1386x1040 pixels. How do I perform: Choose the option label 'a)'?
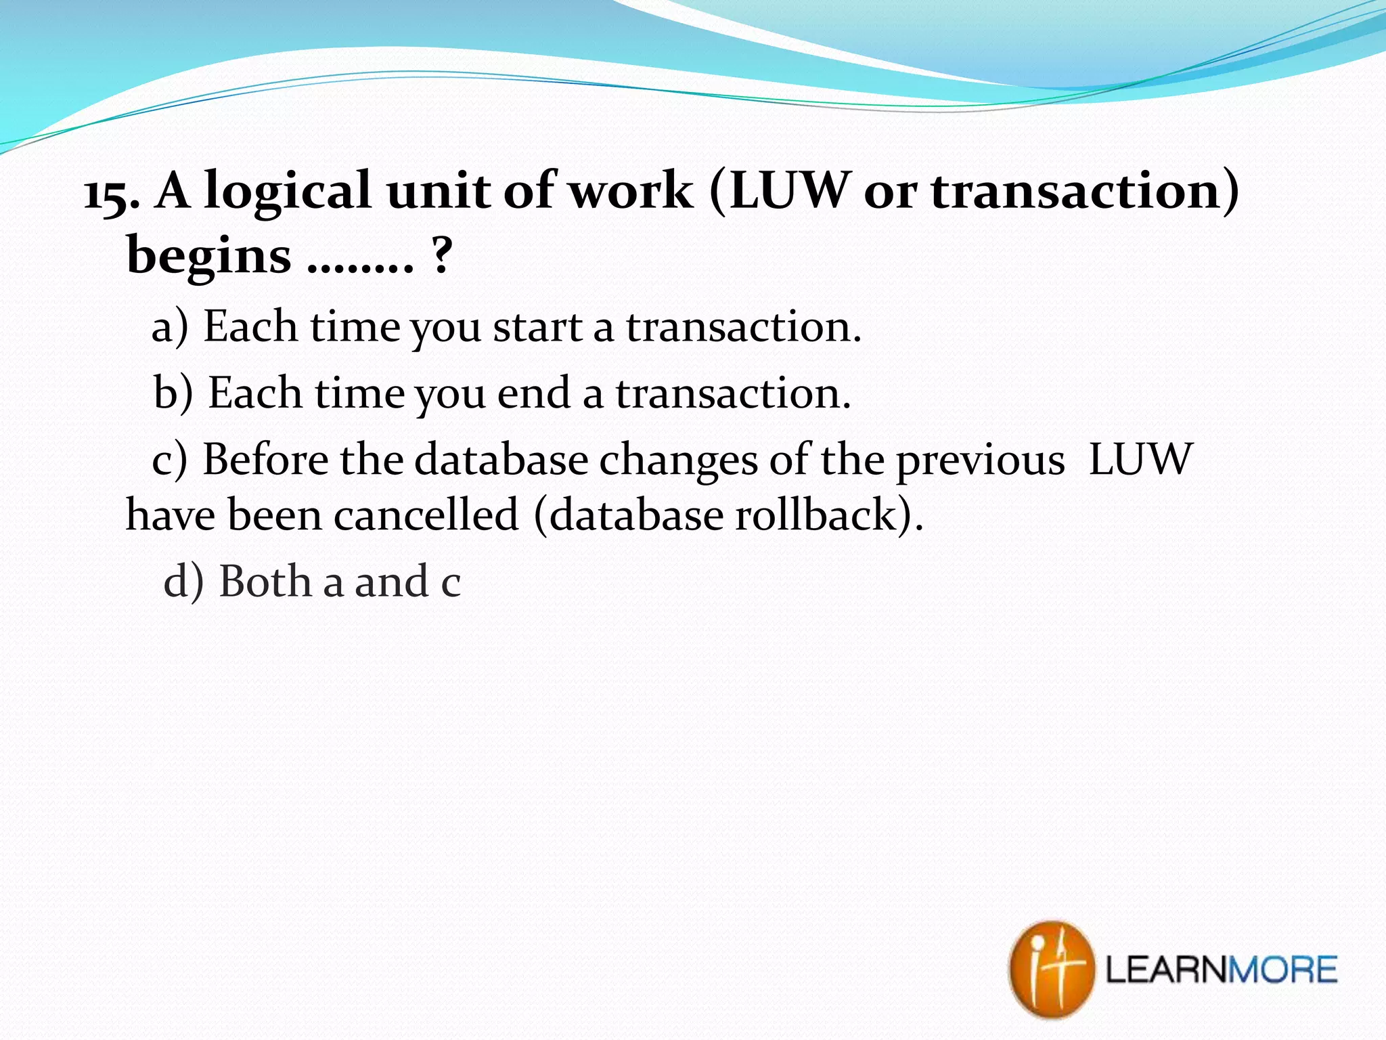pos(169,328)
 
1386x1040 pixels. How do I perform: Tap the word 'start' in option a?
pos(537,328)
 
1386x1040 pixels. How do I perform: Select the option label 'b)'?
pos(173,394)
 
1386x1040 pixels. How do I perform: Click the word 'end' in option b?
pos(533,393)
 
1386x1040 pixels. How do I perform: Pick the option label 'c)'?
pos(169,460)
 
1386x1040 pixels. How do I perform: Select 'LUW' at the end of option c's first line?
pos(1140,460)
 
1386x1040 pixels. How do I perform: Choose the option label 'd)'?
pos(183,582)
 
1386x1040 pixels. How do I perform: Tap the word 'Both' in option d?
pos(266,582)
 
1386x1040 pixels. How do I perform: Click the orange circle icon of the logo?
pos(1051,969)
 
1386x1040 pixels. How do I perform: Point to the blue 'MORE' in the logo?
pos(1283,970)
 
